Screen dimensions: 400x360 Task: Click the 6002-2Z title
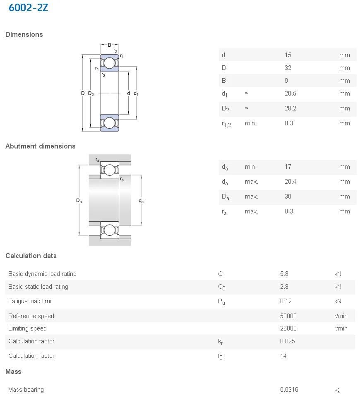tap(29, 7)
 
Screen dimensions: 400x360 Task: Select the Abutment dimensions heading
tap(41, 146)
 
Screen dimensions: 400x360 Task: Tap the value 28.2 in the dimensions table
tap(290, 108)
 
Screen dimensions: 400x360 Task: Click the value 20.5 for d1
tap(290, 93)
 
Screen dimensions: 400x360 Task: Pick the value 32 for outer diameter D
tap(288, 68)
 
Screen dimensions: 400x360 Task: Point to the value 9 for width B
tap(286, 81)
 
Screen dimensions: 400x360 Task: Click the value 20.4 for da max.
tap(290, 182)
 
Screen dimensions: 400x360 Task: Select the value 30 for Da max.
tap(288, 196)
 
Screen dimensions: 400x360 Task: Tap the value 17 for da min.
tap(288, 167)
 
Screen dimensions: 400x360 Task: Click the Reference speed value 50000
tap(288, 316)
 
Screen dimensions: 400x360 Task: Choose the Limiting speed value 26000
tap(288, 328)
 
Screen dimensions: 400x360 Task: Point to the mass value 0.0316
tap(289, 390)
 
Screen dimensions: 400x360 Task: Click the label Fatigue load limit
tap(31, 301)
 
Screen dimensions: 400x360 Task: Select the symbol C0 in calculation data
tap(222, 287)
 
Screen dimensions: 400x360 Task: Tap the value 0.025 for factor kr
tap(288, 341)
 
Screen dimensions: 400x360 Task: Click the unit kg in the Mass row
tap(338, 390)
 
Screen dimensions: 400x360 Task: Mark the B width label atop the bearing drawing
tap(109, 45)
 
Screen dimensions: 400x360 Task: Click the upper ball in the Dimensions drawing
tap(109, 63)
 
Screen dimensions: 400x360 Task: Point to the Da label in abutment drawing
tap(79, 201)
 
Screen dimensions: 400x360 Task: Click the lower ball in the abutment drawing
tap(109, 231)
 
